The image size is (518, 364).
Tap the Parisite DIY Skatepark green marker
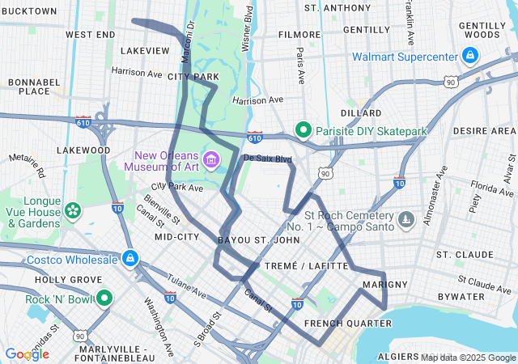pyautogui.click(x=304, y=129)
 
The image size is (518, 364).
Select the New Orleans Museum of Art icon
pyautogui.click(x=212, y=159)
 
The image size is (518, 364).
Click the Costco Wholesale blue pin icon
pyautogui.click(x=129, y=259)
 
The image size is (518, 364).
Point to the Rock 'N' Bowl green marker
pyautogui.click(x=104, y=298)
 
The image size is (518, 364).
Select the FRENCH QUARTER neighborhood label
pyautogui.click(x=336, y=324)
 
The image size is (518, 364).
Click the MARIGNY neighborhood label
pyautogui.click(x=379, y=284)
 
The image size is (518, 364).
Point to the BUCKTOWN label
pyautogui.click(x=29, y=11)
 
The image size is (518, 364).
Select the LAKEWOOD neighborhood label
pyautogui.click(x=83, y=150)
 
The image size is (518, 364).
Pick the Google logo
pyautogui.click(x=28, y=353)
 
